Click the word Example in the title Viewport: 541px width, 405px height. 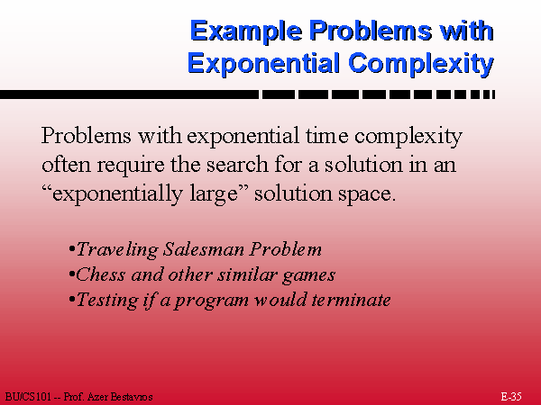pyautogui.click(x=246, y=31)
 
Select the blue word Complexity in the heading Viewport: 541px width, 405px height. pyautogui.click(x=421, y=64)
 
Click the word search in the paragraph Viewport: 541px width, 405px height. pyautogui.click(x=237, y=165)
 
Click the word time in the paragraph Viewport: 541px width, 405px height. pyautogui.click(x=327, y=135)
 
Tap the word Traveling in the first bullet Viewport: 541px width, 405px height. pyautogui.click(x=117, y=249)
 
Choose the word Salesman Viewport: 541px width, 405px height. pyautogui.click(x=204, y=249)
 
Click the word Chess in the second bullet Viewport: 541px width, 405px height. pyautogui.click(x=100, y=274)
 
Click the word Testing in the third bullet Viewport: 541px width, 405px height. pyautogui.click(x=106, y=301)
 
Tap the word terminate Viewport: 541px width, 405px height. pyautogui.click(x=351, y=300)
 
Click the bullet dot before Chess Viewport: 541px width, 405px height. pyautogui.click(x=72, y=274)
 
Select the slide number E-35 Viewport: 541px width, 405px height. pyautogui.click(x=511, y=396)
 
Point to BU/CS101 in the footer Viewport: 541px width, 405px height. pyautogui.click(x=28, y=397)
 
